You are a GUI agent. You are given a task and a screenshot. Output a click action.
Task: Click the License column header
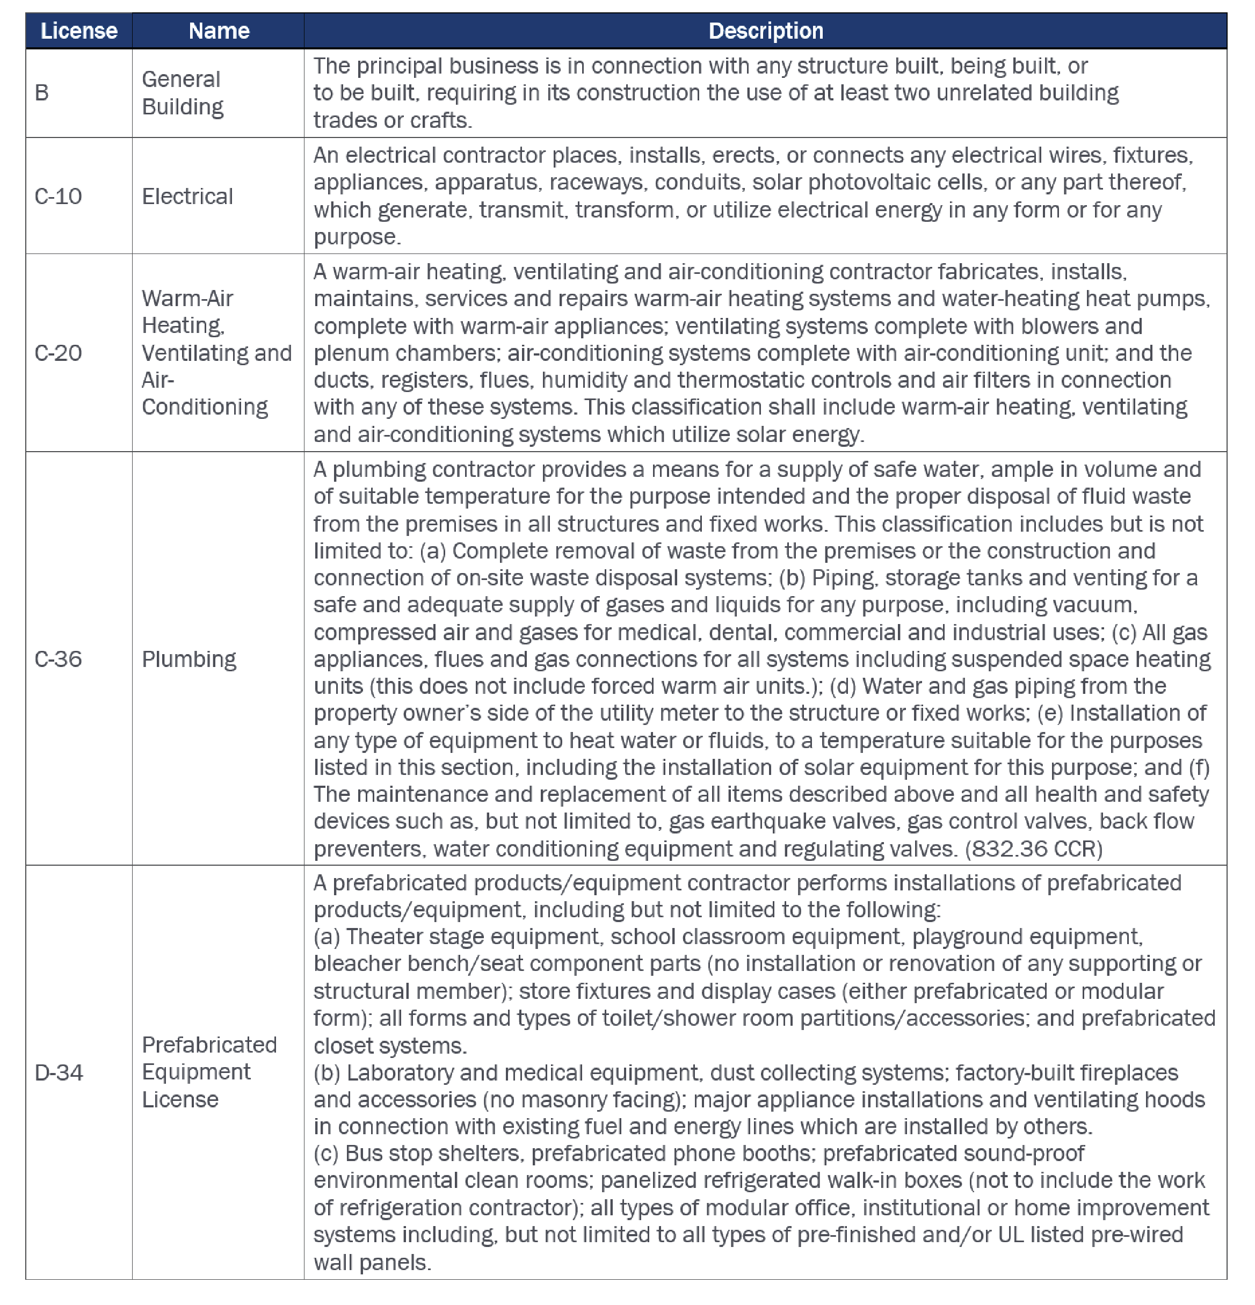click(x=78, y=31)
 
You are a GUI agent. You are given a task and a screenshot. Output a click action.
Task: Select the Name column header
click(x=219, y=31)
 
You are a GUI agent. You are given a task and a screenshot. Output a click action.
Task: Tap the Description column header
click(x=765, y=31)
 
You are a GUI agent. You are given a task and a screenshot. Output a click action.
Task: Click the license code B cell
click(x=42, y=92)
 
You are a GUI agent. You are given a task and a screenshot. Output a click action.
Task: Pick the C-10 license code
click(x=58, y=197)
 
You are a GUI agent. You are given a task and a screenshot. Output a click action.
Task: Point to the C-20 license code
click(x=58, y=353)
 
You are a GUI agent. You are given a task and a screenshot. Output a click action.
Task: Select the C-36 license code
click(x=58, y=659)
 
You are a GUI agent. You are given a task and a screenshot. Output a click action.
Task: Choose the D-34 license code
click(x=59, y=1072)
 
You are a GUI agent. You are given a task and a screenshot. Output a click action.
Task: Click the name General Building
click(x=183, y=92)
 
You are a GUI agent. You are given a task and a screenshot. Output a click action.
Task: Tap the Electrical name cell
click(x=187, y=197)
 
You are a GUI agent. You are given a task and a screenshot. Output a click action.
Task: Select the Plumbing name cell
click(x=188, y=659)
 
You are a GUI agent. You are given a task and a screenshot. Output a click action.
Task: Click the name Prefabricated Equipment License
click(x=208, y=1072)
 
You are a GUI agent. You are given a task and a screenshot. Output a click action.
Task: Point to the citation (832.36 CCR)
click(x=1033, y=849)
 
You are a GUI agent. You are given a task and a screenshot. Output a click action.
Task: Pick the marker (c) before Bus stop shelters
click(x=325, y=1153)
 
